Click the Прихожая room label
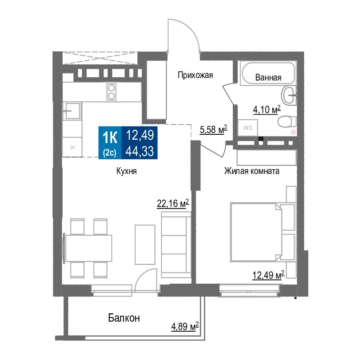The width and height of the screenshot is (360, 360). (195, 76)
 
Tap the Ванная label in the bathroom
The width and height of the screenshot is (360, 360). (268, 77)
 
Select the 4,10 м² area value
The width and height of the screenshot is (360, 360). (267, 110)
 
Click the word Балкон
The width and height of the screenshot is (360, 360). (124, 318)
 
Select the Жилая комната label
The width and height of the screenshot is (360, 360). (252, 171)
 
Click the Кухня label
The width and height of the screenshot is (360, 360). (127, 171)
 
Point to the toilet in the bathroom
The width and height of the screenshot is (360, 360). (287, 122)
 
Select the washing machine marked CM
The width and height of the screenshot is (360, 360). (248, 127)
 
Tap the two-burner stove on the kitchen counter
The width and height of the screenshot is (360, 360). (111, 92)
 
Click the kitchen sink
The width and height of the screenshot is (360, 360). (72, 111)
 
